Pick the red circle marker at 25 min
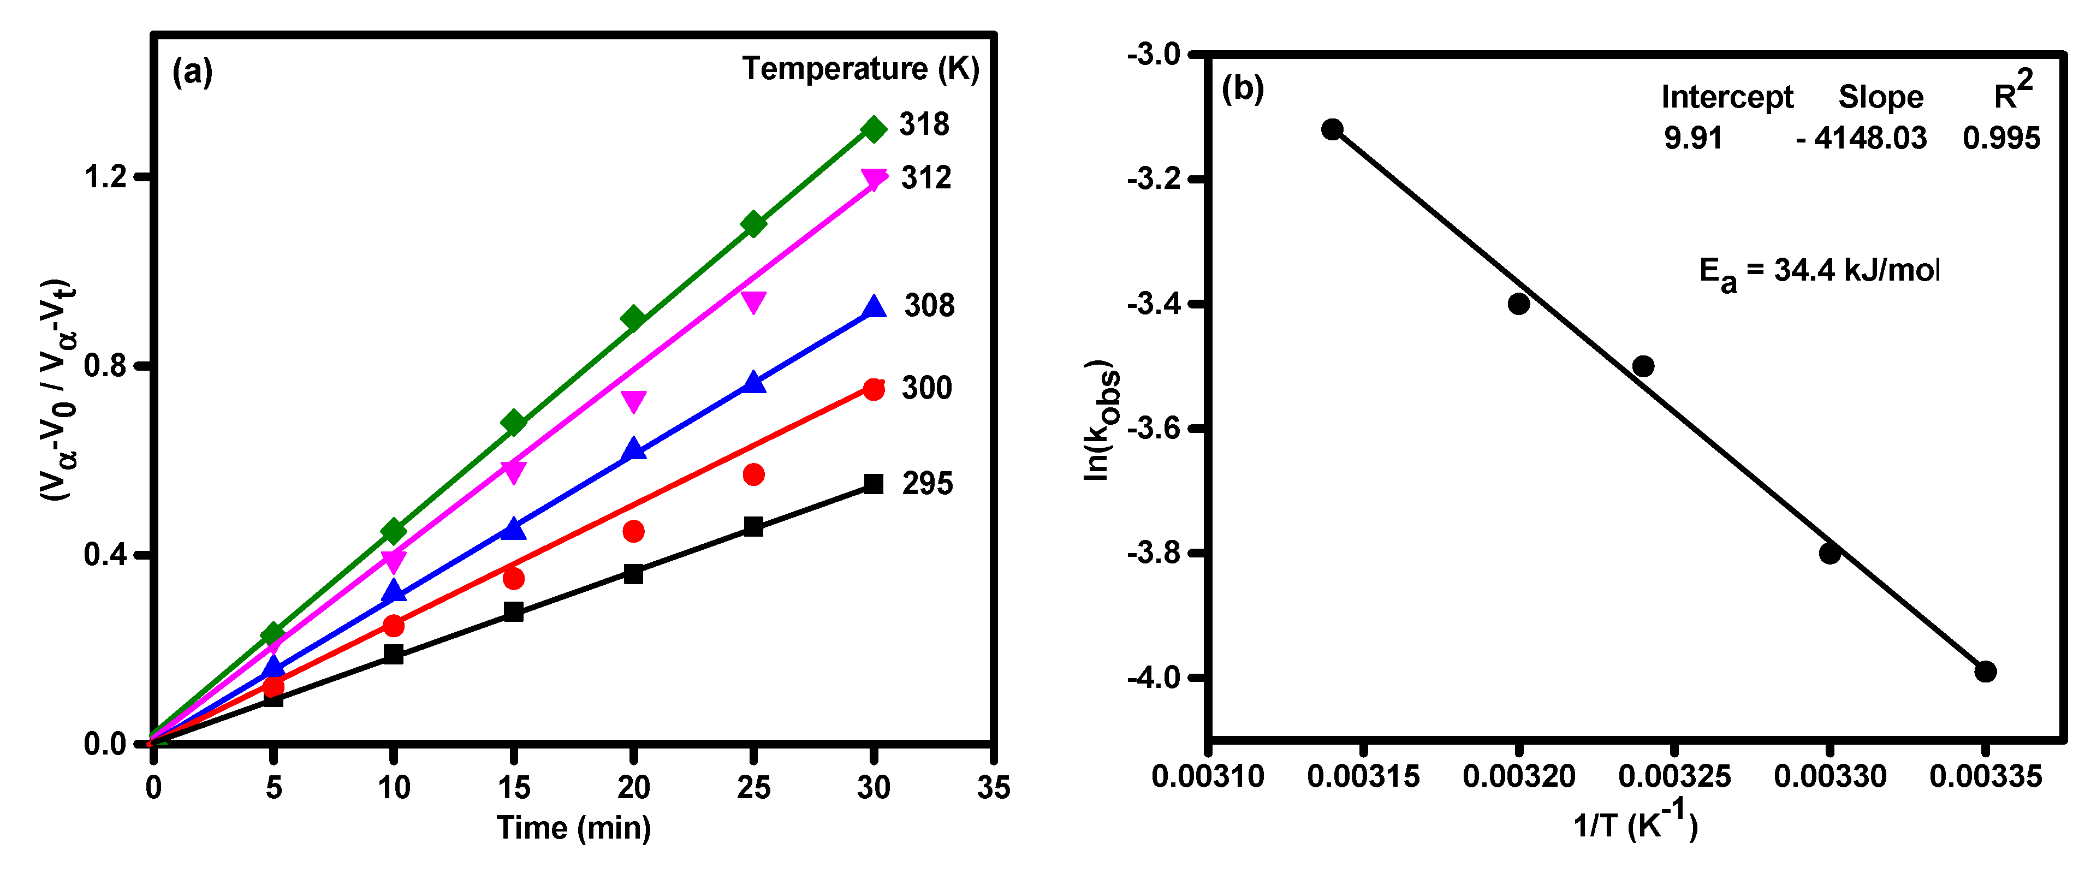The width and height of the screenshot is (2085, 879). point(753,474)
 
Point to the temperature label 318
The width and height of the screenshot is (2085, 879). point(924,124)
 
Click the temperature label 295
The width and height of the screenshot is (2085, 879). point(928,484)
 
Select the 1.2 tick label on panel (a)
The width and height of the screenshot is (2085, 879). point(106,176)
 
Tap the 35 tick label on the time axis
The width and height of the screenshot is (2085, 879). point(993,787)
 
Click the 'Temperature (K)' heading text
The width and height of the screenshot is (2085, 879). point(860,69)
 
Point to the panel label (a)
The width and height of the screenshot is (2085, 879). point(193,72)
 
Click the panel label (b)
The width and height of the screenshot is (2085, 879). point(1243,88)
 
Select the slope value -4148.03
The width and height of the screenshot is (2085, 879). point(1862,139)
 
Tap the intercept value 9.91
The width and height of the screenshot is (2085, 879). point(1692,139)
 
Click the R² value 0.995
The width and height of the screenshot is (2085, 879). point(2001,139)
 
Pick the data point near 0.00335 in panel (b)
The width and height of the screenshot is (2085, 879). point(1985,671)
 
